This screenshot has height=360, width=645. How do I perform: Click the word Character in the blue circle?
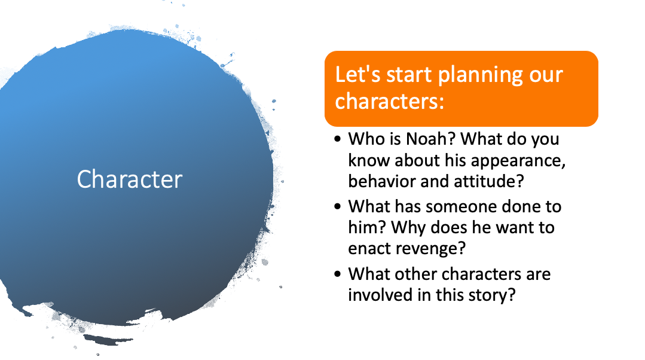point(130,179)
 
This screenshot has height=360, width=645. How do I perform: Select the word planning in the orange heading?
point(480,76)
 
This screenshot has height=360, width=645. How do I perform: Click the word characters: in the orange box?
point(389,101)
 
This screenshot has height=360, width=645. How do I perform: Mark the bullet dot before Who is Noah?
point(338,139)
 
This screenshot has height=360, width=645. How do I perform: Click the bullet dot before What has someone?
point(338,206)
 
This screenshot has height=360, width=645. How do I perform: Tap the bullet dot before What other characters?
point(338,274)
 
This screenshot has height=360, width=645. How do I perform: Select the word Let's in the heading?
point(357,75)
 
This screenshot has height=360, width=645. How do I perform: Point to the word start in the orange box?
point(409,75)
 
